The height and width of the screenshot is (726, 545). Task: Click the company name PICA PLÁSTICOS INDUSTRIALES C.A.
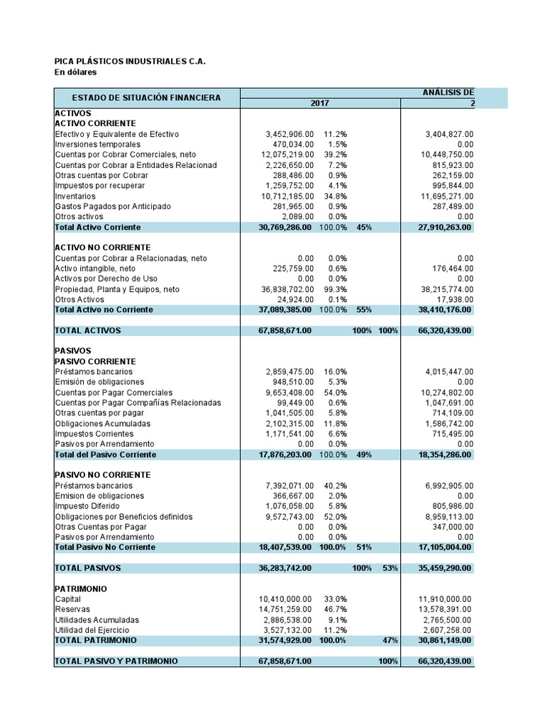click(130, 62)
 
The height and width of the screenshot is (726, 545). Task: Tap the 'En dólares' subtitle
click(75, 72)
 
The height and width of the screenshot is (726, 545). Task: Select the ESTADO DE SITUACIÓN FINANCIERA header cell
click(147, 98)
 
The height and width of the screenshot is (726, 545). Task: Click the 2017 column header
click(320, 104)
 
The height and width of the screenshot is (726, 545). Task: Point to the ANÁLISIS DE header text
click(448, 93)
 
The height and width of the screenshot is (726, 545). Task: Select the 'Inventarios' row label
click(75, 196)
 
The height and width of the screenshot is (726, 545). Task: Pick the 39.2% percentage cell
click(335, 155)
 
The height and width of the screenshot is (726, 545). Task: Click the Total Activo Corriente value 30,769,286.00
click(285, 227)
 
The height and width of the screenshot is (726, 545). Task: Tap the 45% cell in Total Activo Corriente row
click(364, 227)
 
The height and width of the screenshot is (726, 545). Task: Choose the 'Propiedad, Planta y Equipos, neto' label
click(117, 289)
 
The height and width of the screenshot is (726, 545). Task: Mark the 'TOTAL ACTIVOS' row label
click(88, 330)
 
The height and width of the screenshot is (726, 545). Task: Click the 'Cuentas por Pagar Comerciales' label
click(114, 392)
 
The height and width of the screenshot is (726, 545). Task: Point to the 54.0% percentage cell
click(335, 392)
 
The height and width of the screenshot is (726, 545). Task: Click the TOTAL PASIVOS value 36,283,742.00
click(285, 568)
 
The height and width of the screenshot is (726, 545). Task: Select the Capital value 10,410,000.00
click(286, 599)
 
